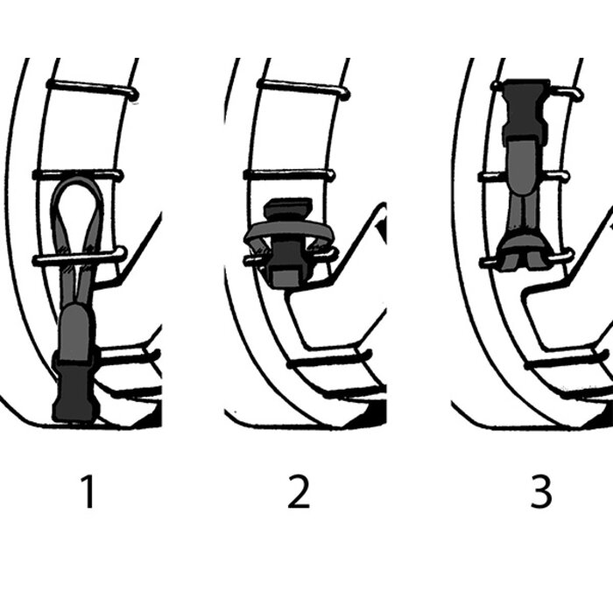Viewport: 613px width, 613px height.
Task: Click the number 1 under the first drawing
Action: (x=88, y=491)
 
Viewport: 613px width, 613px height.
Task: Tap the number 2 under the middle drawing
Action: (x=299, y=491)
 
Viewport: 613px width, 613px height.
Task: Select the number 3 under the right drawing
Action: (x=541, y=491)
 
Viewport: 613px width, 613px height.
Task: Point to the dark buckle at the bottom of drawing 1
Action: (x=75, y=387)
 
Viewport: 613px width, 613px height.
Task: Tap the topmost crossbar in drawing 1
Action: (x=92, y=88)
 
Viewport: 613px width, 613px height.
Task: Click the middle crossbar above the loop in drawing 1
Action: (x=78, y=175)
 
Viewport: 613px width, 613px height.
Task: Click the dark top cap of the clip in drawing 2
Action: (x=288, y=208)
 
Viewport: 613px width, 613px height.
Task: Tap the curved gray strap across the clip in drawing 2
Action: (x=288, y=231)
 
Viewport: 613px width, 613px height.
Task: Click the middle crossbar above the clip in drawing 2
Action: (x=289, y=174)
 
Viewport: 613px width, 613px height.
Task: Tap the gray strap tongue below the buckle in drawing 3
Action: (x=522, y=166)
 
